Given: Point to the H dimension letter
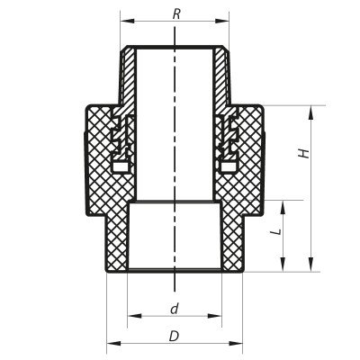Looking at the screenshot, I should [305, 154].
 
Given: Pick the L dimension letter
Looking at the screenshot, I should [277, 232].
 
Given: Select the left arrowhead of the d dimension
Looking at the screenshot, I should [132, 316].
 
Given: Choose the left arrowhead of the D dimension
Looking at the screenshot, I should [111, 344].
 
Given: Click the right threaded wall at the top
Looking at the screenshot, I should [222, 76].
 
